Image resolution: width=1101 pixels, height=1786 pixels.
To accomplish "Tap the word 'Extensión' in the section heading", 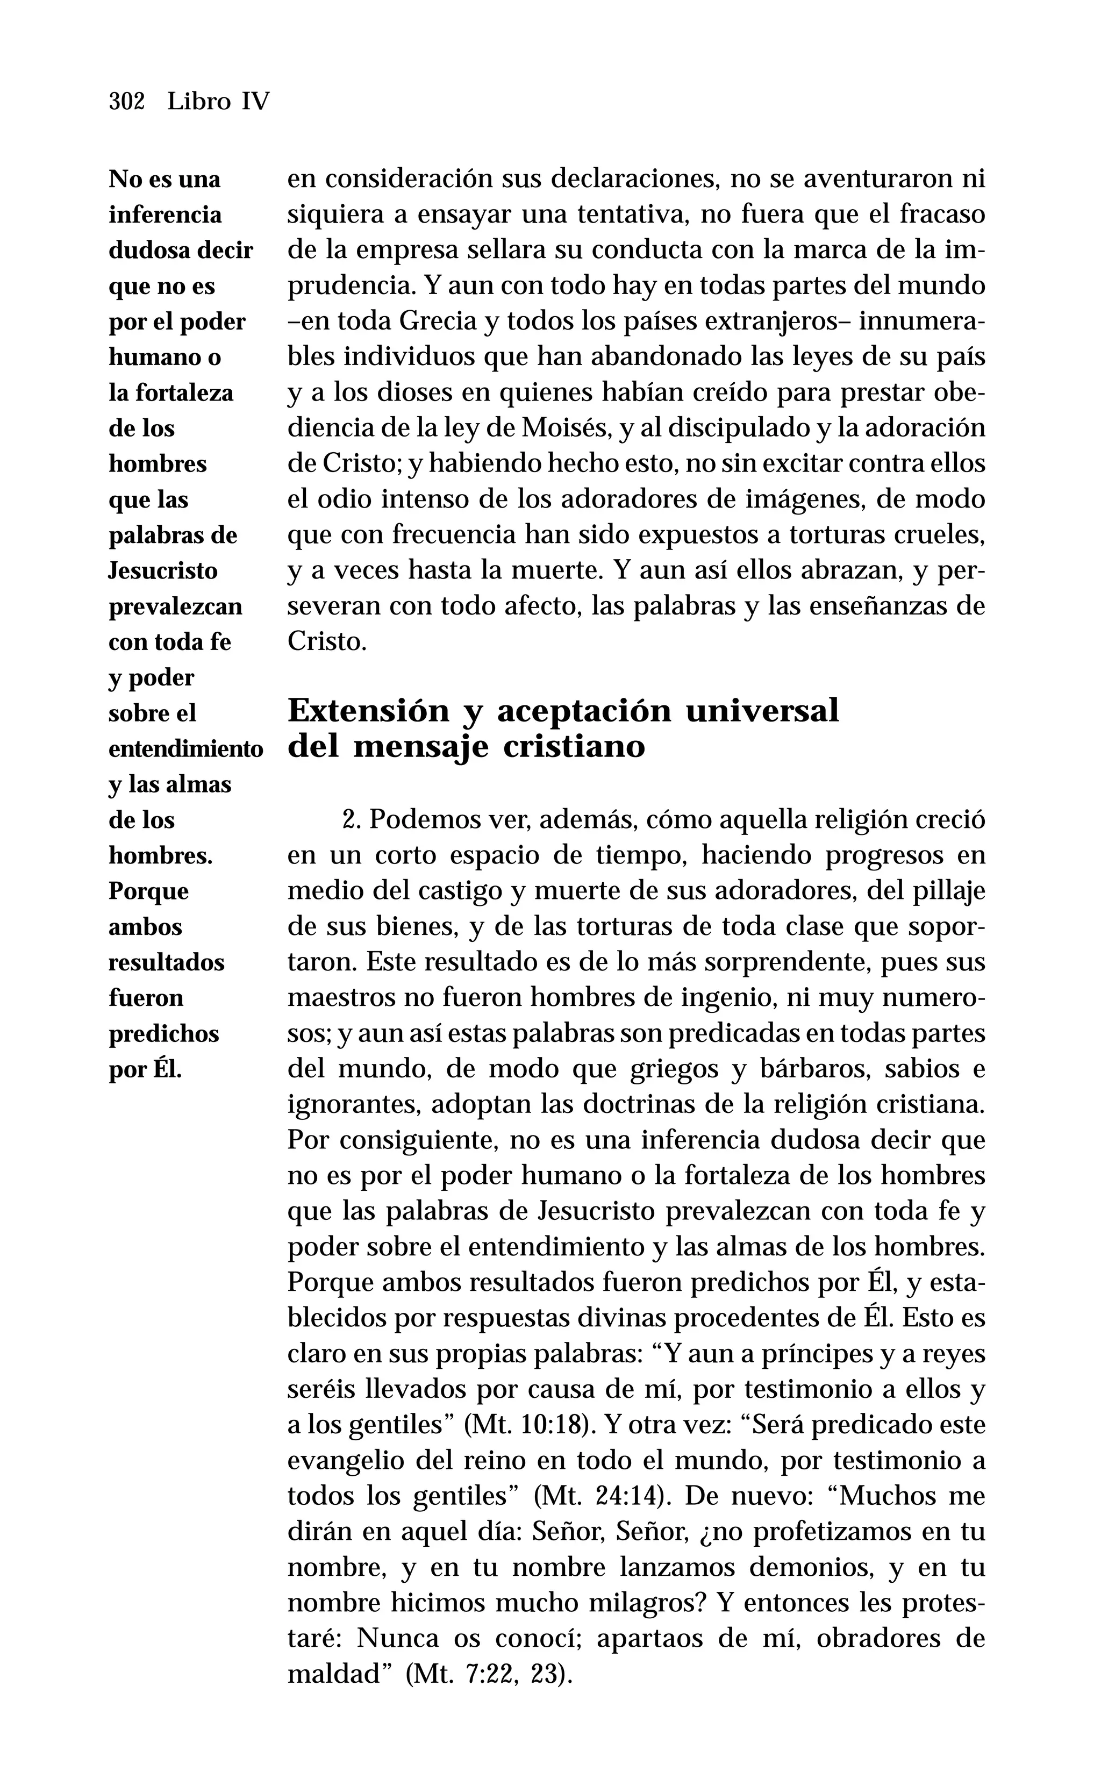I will tap(368, 711).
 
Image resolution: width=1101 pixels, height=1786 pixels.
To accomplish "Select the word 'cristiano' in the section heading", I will tap(574, 747).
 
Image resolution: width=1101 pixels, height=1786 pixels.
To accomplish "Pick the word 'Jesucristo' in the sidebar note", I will tap(163, 571).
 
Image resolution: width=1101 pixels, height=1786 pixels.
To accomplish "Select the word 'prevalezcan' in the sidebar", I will tap(175, 606).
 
